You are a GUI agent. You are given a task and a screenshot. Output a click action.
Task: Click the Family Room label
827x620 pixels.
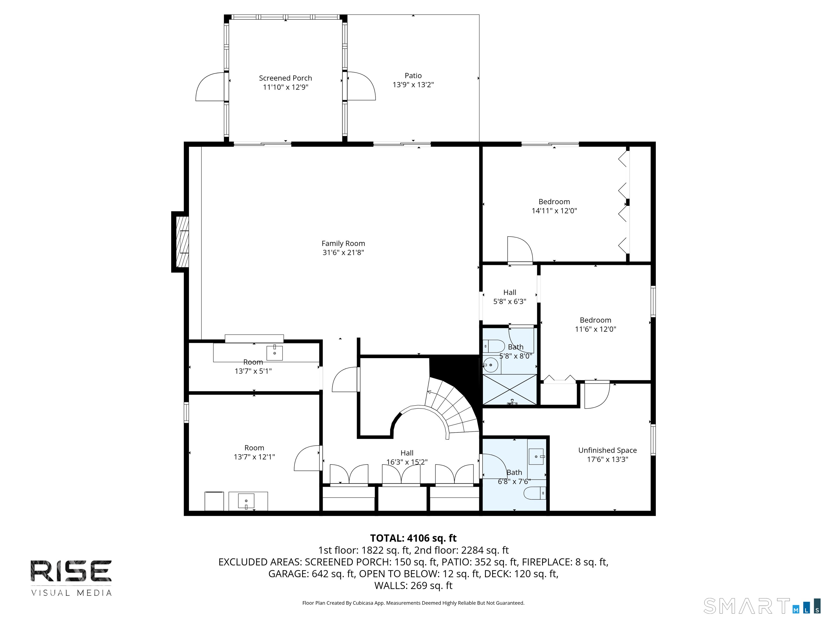coord(343,243)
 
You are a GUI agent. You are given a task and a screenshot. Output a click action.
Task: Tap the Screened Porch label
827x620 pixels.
coord(285,78)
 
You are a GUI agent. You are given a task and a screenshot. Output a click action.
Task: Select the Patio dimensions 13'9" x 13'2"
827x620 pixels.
coord(413,85)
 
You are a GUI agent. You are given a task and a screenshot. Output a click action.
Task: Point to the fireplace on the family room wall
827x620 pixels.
coord(180,242)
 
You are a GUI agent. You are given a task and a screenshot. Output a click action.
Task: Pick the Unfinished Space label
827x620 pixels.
coord(608,450)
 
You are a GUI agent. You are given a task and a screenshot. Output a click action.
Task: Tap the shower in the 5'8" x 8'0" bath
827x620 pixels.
coord(510,389)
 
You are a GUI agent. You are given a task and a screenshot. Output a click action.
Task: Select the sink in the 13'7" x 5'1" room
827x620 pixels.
coord(274,353)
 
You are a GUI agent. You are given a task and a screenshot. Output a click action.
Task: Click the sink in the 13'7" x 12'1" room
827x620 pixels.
coord(246,501)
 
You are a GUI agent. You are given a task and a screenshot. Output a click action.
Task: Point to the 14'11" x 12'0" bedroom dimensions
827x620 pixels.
coord(554,211)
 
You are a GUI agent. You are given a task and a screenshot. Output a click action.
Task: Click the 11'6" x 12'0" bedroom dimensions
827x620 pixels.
coord(595,329)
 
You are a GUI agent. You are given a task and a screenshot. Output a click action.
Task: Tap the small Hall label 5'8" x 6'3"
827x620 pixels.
coord(510,293)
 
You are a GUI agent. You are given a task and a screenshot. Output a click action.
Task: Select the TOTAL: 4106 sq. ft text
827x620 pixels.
coord(413,538)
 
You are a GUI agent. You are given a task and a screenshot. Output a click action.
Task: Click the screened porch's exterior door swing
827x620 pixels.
coord(209,87)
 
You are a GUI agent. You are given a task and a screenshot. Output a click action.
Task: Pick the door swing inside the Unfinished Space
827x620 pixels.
coord(597,395)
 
